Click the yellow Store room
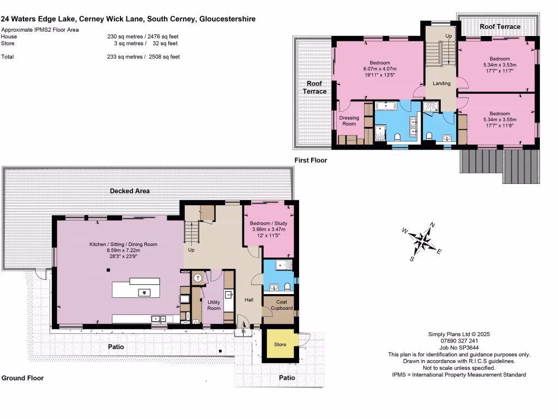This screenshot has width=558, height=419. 280,345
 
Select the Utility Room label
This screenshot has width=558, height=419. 214,305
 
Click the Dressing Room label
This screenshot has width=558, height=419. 349,121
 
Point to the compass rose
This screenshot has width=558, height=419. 422,240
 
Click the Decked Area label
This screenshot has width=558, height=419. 130,191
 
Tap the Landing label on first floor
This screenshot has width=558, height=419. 441,83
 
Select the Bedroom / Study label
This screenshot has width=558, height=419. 269,224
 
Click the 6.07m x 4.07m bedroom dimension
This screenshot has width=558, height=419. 380,69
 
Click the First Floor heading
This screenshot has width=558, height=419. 310,160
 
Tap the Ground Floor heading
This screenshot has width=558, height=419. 22,378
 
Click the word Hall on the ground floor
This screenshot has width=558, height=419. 248,300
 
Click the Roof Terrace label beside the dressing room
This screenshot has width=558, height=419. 314,87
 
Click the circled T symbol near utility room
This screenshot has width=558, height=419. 198,278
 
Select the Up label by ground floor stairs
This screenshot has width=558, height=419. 191,249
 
